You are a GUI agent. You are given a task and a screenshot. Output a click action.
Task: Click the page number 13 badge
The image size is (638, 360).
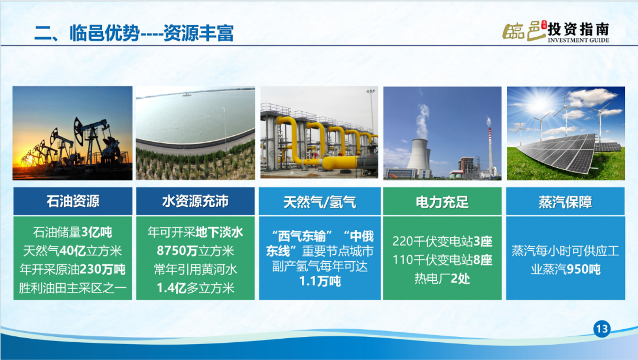[602, 329]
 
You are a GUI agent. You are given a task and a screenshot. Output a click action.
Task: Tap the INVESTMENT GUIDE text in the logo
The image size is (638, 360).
[578, 40]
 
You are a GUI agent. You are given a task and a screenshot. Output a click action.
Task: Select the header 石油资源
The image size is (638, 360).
[73, 201]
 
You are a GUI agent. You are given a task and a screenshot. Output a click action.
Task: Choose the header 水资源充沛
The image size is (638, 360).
[196, 201]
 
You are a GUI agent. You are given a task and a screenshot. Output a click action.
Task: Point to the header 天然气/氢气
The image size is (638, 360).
[320, 202]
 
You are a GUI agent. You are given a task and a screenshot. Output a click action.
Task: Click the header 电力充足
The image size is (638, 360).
[442, 202]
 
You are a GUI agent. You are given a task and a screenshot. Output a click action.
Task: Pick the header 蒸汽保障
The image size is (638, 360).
[565, 202]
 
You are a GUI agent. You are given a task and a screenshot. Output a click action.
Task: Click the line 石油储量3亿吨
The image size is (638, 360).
[73, 232]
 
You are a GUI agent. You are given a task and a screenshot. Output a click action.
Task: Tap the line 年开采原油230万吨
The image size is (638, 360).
[73, 269]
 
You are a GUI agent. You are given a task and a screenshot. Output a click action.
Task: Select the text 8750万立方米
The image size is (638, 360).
[196, 251]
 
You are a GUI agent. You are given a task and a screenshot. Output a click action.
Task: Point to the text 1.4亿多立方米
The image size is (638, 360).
[196, 288]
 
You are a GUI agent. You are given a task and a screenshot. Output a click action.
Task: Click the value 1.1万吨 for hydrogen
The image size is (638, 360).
[320, 281]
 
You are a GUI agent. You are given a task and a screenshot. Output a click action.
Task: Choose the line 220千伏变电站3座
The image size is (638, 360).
[442, 241]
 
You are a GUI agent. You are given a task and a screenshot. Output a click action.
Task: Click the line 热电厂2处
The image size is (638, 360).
[442, 278]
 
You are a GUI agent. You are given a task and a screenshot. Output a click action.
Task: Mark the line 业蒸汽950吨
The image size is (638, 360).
[565, 269]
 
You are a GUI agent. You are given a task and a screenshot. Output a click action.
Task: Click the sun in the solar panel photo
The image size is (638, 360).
[538, 103]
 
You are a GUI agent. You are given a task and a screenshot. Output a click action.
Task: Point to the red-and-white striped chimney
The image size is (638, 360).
[490, 148]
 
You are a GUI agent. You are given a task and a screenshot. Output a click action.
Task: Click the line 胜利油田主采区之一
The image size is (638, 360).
[73, 288]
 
